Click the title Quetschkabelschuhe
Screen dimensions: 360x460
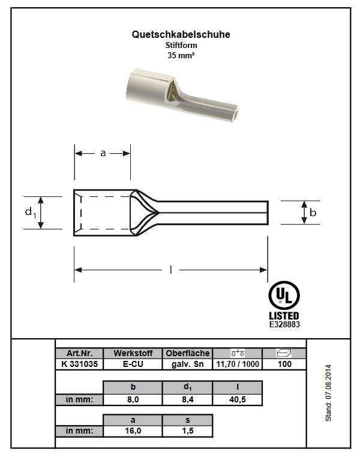pyautogui.click(x=181, y=35)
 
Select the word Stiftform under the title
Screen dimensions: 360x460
pyautogui.click(x=181, y=45)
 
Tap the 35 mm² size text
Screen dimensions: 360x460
pyautogui.click(x=181, y=55)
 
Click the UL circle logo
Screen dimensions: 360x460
pyautogui.click(x=284, y=295)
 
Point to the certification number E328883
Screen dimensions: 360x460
pyautogui.click(x=284, y=324)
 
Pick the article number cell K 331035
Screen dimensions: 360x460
pyautogui.click(x=79, y=364)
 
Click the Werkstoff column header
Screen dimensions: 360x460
pyautogui.click(x=133, y=353)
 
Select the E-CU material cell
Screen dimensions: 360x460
pyautogui.click(x=133, y=364)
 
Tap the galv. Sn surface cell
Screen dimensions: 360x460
pyautogui.click(x=188, y=364)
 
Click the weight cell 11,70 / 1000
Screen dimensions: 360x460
pyautogui.click(x=238, y=364)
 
